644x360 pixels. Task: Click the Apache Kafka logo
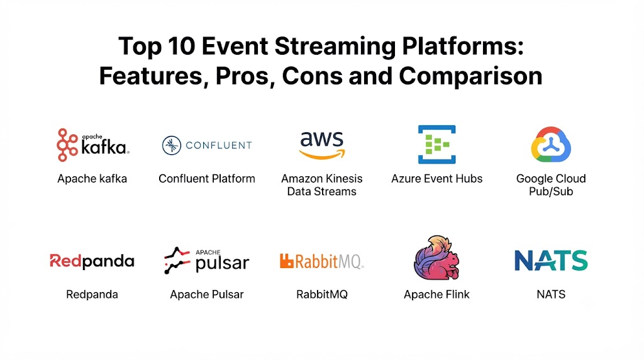point(93,145)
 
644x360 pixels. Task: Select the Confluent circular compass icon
point(171,145)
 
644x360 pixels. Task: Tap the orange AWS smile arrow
point(322,154)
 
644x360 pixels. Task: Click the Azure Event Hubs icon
point(436,144)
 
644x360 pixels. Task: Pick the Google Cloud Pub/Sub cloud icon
point(551,144)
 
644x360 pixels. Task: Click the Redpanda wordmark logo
point(92,261)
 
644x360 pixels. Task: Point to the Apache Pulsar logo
point(206,261)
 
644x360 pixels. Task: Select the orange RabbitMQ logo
point(321,261)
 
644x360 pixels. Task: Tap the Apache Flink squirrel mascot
point(436,257)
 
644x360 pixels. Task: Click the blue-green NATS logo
point(551,260)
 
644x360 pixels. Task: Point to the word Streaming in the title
point(335,47)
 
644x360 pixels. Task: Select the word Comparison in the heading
point(470,76)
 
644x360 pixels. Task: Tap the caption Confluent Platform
point(206,179)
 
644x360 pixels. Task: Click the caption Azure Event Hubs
point(436,179)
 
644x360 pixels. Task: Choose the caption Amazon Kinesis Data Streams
point(321,185)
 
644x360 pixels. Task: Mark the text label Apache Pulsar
point(206,295)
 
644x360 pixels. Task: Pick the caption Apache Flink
point(436,295)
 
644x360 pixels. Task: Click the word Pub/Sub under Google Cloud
point(551,191)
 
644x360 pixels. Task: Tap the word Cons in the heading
point(312,76)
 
